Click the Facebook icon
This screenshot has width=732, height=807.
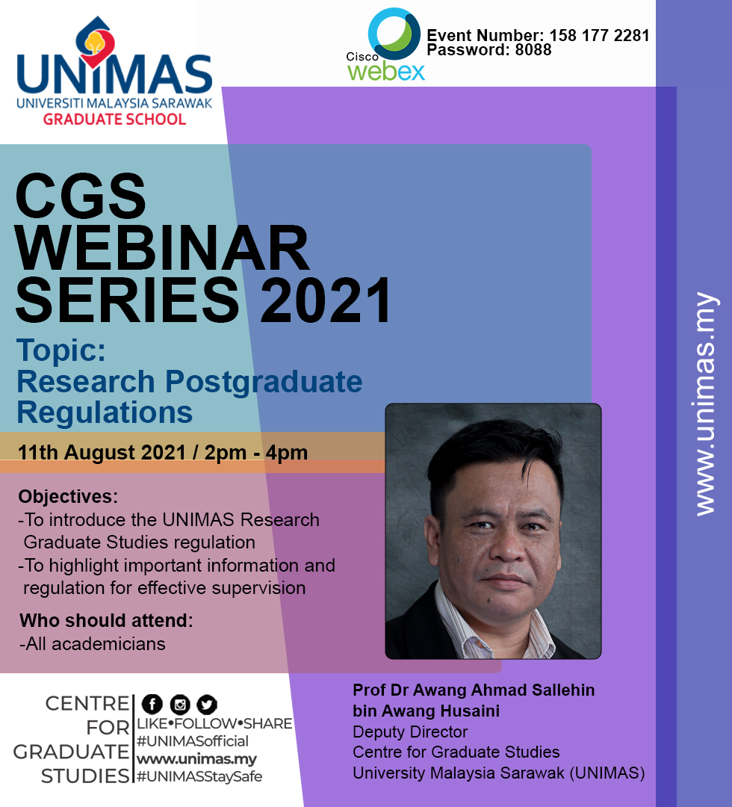[152, 704]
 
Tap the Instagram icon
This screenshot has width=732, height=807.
[180, 704]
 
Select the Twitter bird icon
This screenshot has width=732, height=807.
[207, 704]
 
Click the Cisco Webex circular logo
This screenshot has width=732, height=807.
[394, 34]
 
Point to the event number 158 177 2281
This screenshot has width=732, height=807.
[599, 36]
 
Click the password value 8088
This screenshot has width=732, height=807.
[533, 50]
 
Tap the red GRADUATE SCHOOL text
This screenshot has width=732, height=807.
[114, 120]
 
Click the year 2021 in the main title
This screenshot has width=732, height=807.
[326, 300]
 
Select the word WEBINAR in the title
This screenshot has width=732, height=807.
[162, 248]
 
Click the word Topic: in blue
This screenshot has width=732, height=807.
[61, 350]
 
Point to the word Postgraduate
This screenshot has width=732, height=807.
[264, 383]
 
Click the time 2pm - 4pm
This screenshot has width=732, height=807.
[256, 452]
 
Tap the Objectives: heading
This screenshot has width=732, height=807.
[68, 497]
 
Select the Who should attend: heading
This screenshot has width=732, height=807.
[106, 621]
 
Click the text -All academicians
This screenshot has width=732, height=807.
[93, 644]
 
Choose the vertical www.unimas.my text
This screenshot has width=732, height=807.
[704, 404]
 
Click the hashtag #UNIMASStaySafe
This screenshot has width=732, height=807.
[199, 776]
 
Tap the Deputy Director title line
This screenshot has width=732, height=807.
[410, 732]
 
